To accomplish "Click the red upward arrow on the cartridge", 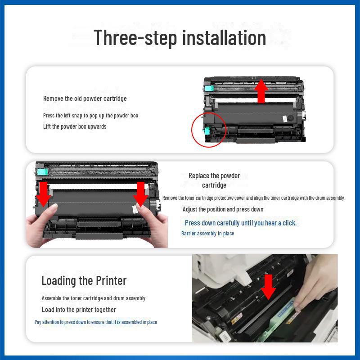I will pyautogui.click(x=261, y=91).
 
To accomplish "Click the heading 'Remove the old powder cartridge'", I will pyautogui.click(x=85, y=99).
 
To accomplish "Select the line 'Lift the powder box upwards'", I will pyautogui.click(x=75, y=126).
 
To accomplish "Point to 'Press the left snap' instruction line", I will pyautogui.click(x=90, y=116).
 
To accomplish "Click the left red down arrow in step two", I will pyautogui.click(x=44, y=193).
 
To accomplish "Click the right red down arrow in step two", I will pyautogui.click(x=141, y=193).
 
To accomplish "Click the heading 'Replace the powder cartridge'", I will pyautogui.click(x=214, y=180).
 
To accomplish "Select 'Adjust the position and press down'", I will pyautogui.click(x=223, y=209).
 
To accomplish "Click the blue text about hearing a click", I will pyautogui.click(x=241, y=223).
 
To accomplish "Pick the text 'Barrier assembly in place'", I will pyautogui.click(x=207, y=234).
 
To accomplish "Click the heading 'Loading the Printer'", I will pyautogui.click(x=84, y=280).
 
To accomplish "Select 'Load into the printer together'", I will pyautogui.click(x=79, y=310).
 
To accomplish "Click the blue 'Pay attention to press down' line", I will pyautogui.click(x=96, y=322).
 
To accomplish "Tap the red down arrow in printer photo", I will pyautogui.click(x=269, y=287).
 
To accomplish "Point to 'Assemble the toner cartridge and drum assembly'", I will pyautogui.click(x=94, y=298).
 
